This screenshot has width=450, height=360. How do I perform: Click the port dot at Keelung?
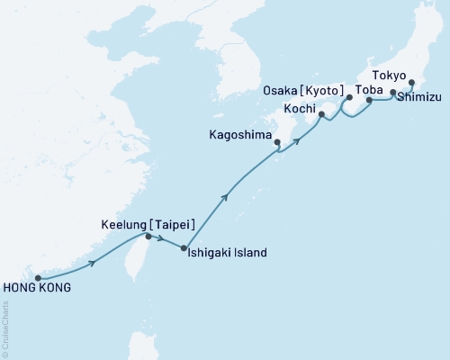pyautogui.click(x=149, y=237)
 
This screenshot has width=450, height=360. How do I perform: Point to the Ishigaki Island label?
pyautogui.click(x=227, y=253)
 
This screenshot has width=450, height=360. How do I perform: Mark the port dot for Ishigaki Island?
pyautogui.click(x=184, y=248)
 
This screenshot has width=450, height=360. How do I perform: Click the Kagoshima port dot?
pyautogui.click(x=277, y=142)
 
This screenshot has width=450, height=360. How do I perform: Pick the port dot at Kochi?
pyautogui.click(x=321, y=115)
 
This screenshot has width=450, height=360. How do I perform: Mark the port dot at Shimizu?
pyautogui.click(x=392, y=92)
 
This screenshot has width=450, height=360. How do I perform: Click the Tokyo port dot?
pyautogui.click(x=411, y=85)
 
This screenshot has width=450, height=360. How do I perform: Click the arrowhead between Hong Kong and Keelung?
pyautogui.click(x=93, y=263)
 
